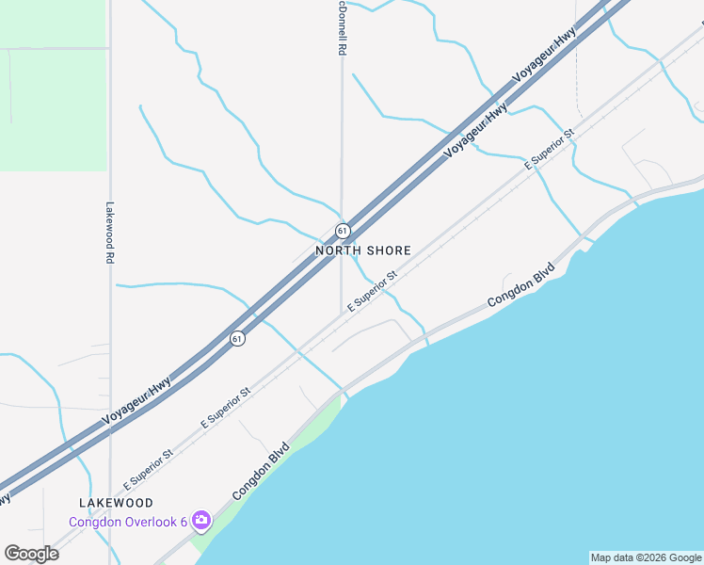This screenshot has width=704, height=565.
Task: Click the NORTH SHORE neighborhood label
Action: (363, 250)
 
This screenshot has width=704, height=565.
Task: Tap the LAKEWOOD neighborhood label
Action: (117, 504)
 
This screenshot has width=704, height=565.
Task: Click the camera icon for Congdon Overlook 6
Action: (200, 520)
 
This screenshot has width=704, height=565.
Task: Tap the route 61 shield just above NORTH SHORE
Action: (342, 230)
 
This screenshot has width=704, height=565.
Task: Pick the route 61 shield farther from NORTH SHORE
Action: (238, 338)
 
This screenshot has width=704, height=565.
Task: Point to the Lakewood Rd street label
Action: (110, 233)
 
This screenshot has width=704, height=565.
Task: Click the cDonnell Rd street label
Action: (341, 28)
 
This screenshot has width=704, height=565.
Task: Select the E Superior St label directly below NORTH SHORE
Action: (373, 292)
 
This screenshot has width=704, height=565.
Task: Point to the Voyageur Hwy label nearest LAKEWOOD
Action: (137, 399)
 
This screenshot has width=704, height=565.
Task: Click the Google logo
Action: (31, 554)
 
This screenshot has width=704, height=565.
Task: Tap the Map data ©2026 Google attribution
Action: (646, 557)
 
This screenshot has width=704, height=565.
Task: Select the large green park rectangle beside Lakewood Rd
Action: (53, 104)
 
